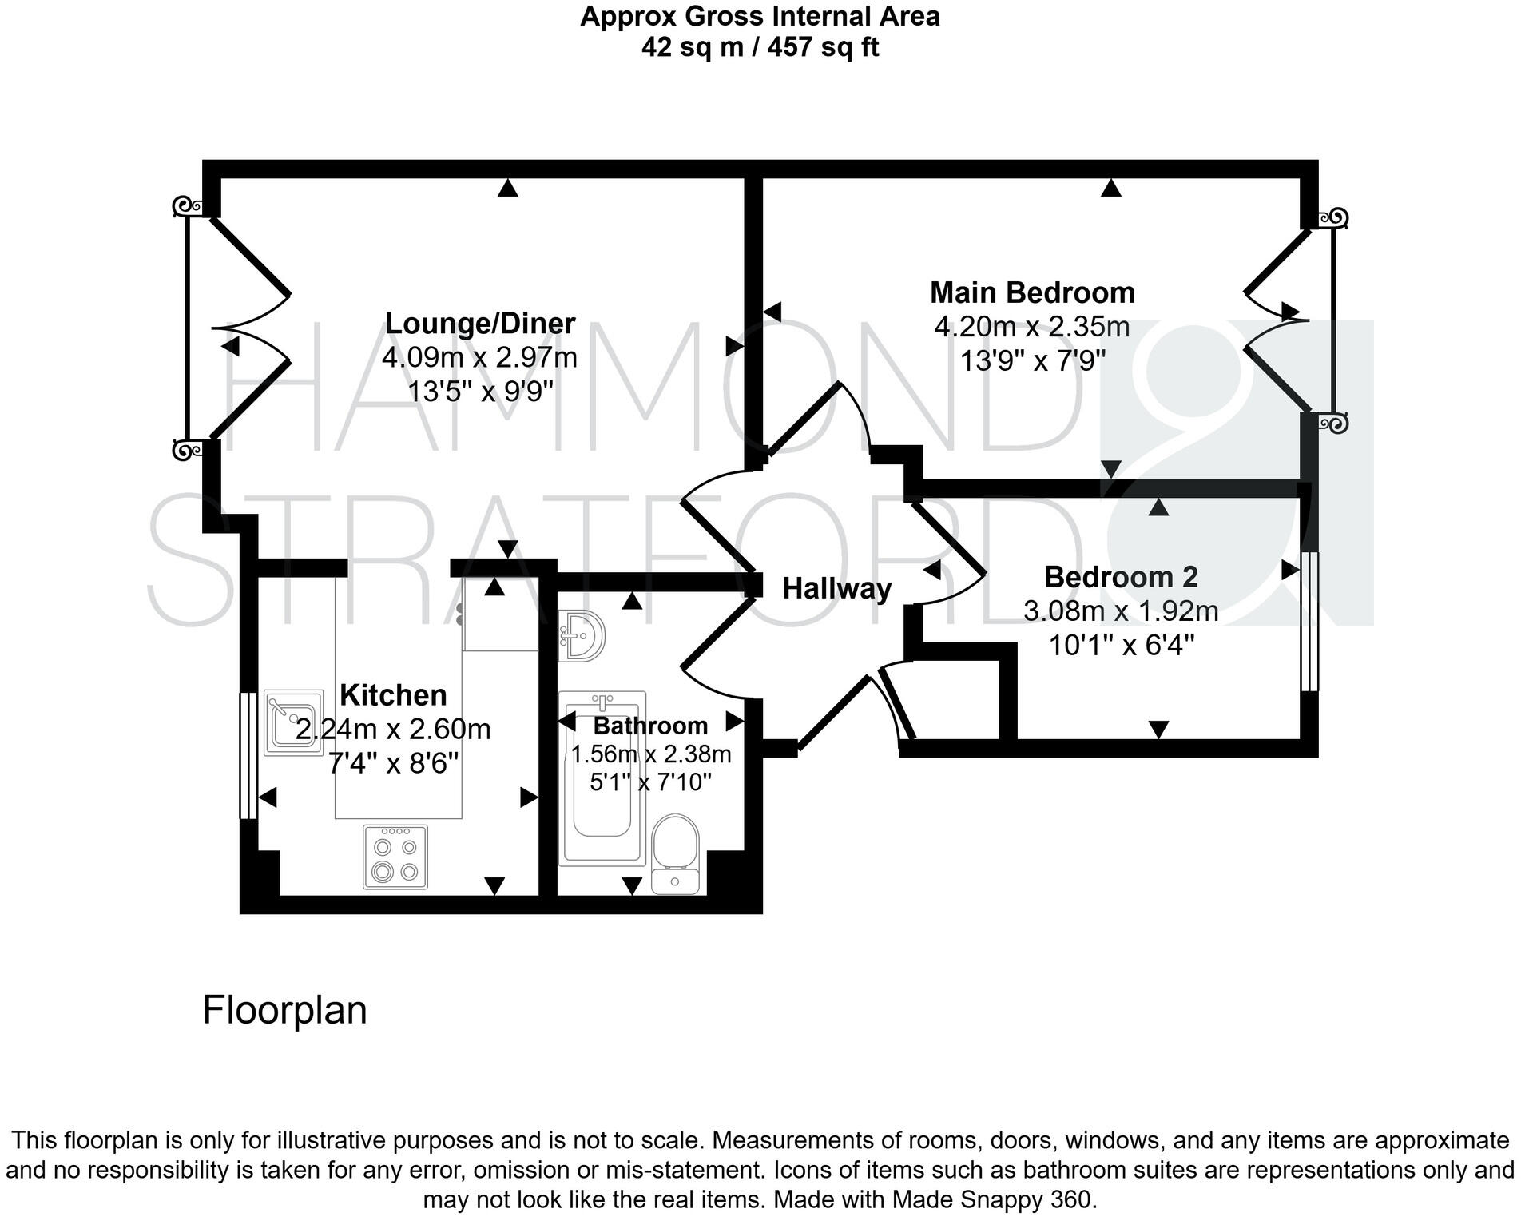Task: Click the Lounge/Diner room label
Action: [479, 324]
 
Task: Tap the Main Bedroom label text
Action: [1031, 292]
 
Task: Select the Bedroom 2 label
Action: [1121, 577]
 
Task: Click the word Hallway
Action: [836, 589]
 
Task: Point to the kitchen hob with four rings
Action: [395, 857]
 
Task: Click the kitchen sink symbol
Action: [293, 722]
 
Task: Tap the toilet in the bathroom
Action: [676, 853]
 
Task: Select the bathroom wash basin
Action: [582, 634]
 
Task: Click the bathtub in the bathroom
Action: [602, 779]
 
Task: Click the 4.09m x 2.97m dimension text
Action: [479, 357]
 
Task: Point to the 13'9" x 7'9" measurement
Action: [1031, 361]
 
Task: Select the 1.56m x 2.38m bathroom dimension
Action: [651, 754]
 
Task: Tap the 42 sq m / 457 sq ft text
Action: [760, 47]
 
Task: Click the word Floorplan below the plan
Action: [284, 1010]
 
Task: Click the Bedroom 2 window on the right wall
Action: [1309, 620]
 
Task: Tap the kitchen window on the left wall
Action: [248, 755]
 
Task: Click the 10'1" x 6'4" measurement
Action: [1121, 645]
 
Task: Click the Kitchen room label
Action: [393, 695]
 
